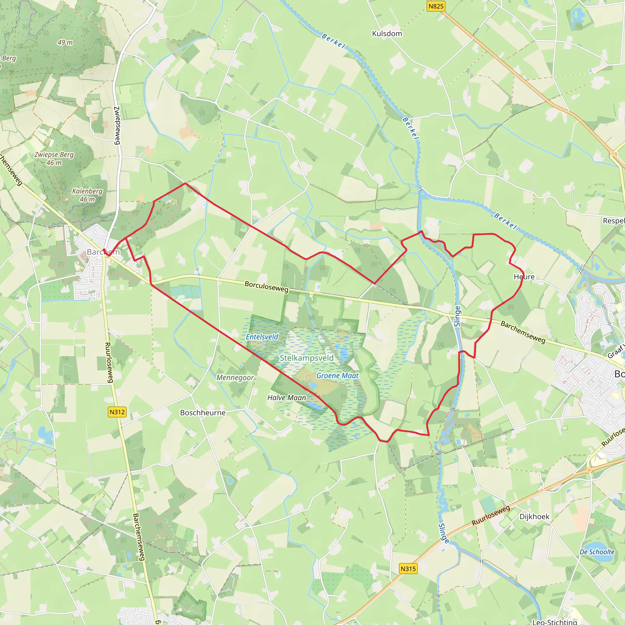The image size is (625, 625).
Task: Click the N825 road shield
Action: pos(436,6)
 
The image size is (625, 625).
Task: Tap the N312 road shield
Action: pos(117,412)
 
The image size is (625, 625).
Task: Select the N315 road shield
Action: pos(408,568)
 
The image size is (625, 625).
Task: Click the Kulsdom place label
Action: pos(387,34)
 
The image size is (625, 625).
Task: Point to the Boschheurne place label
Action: pos(203,413)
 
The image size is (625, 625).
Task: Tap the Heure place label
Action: pos(524,276)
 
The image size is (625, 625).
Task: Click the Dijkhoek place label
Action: pos(534,517)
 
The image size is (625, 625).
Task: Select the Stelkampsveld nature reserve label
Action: pos(306,358)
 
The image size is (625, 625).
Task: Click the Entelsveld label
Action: pos(262,337)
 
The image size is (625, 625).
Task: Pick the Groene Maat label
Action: pos(337,376)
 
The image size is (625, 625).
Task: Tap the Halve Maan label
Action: pos(287,398)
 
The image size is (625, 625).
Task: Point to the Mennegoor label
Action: pos(235,378)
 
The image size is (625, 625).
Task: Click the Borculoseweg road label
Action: pos(266,287)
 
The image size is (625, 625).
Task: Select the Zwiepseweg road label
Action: pos(117,125)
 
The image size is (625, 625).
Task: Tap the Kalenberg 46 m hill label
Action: pos(87,195)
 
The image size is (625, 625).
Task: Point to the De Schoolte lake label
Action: pos(597,552)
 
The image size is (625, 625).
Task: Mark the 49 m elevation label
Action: pos(65,42)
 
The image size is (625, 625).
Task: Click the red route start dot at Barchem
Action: pos(104,250)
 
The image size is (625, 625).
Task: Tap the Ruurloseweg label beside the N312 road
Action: pos(109,363)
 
